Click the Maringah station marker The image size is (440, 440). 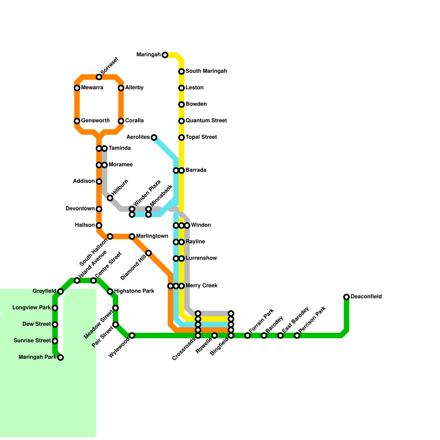point(165,55)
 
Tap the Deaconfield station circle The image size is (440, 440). point(346,297)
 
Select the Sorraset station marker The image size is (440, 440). point(99,77)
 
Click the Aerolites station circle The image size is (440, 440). point(154,137)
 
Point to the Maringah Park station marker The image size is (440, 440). point(61,357)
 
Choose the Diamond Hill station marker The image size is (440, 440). point(148,253)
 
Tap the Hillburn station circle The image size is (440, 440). point(110,198)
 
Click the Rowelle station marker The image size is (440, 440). point(215,335)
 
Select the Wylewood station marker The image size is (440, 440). point(132,335)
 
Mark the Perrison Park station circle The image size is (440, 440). point(297,335)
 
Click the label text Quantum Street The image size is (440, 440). point(206,120)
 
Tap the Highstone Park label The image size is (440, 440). point(134,291)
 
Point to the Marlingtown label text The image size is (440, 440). point(152,236)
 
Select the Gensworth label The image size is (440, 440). point(95,120)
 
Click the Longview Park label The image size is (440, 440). point(32,307)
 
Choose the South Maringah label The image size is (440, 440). point(206,71)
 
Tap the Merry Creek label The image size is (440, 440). point(201,285)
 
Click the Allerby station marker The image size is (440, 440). point(121,88)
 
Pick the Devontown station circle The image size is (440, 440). point(99,209)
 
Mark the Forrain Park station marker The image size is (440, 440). point(248,335)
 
